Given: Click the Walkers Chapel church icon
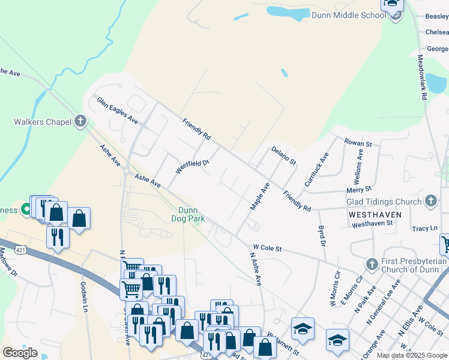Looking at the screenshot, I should pyautogui.click(x=80, y=122).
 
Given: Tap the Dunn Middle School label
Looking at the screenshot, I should pyautogui.click(x=348, y=15).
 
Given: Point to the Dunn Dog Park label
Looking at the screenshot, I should pyautogui.click(x=191, y=214).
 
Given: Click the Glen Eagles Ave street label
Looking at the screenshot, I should pyautogui.click(x=118, y=110).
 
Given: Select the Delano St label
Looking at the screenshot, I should pyautogui.click(x=284, y=155).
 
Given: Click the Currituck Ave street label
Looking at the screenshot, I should pyautogui.click(x=317, y=169).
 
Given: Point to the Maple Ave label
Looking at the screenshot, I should pyautogui.click(x=260, y=196).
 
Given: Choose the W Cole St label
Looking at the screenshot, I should pyautogui.click(x=268, y=247).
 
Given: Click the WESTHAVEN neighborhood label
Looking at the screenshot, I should pyautogui.click(x=373, y=214).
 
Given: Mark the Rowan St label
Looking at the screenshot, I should pyautogui.click(x=358, y=143).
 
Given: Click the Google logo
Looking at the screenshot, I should pyautogui.click(x=20, y=353).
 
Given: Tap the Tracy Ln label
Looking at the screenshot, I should pyautogui.click(x=424, y=229).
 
